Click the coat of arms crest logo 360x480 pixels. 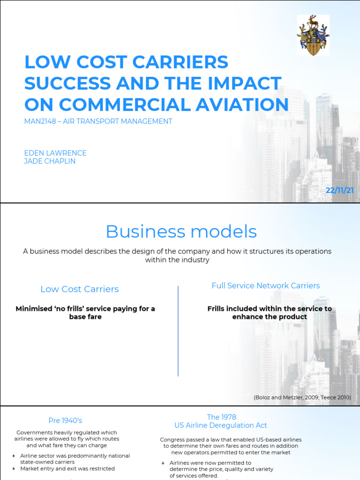click(x=313, y=35)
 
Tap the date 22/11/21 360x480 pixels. click(x=339, y=190)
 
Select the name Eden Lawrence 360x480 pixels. click(x=55, y=153)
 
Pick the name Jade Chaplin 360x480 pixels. click(x=50, y=161)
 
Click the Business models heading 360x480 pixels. click(x=181, y=231)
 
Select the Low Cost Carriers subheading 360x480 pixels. click(x=79, y=289)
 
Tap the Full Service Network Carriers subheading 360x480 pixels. click(x=265, y=285)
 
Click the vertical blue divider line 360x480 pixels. click(x=178, y=330)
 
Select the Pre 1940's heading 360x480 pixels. click(x=65, y=420)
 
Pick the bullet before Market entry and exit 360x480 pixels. click(x=14, y=469)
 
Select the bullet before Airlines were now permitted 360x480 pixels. click(x=163, y=463)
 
